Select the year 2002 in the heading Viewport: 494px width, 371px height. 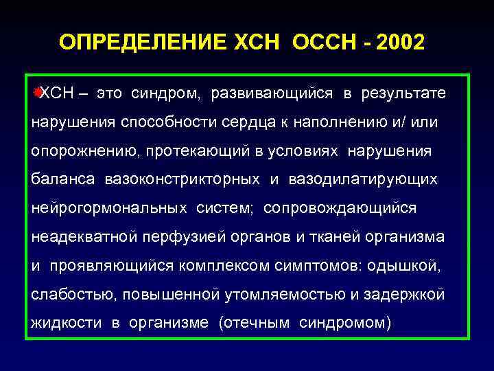click(399, 43)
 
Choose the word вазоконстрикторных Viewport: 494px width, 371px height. click(183, 179)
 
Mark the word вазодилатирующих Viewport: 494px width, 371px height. click(363, 179)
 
